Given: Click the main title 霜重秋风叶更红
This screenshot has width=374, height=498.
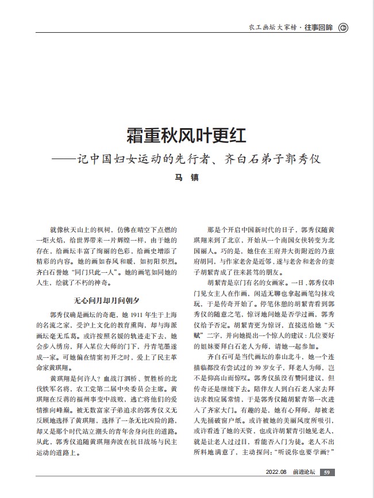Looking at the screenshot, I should [187, 136].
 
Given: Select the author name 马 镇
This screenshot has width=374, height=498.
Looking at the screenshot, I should [187, 178].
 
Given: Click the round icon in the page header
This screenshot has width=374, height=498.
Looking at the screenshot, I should [343, 27].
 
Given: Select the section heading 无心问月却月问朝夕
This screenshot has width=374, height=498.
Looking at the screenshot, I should [107, 300].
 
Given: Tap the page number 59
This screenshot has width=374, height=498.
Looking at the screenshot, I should [327, 472].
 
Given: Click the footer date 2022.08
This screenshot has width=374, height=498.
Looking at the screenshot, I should [276, 472].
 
